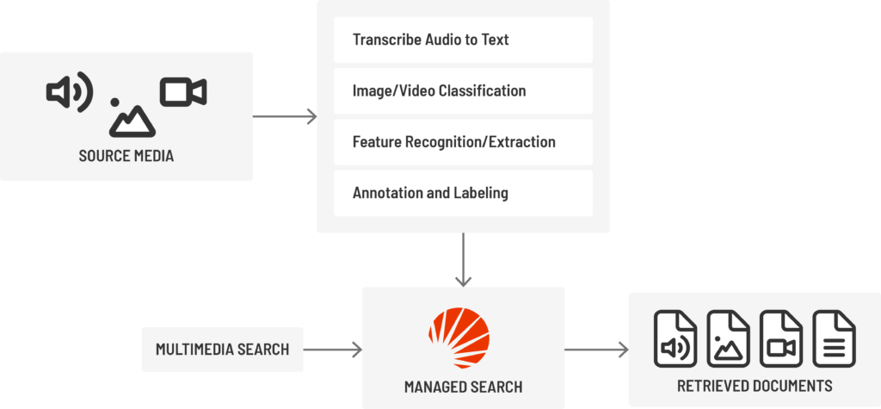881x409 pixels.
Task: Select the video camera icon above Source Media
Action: pyautogui.click(x=183, y=92)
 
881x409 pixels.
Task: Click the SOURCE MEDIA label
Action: pyautogui.click(x=126, y=156)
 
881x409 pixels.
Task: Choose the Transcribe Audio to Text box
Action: pyautogui.click(x=463, y=40)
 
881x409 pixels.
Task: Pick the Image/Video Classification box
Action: pyautogui.click(x=463, y=90)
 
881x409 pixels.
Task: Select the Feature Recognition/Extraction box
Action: pyautogui.click(x=463, y=142)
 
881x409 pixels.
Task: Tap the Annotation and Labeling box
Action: pyautogui.click(x=463, y=193)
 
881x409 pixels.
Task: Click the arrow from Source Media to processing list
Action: pyautogui.click(x=285, y=116)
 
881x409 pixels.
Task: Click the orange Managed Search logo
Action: pyautogui.click(x=459, y=339)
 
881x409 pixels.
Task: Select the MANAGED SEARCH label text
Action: pyautogui.click(x=463, y=386)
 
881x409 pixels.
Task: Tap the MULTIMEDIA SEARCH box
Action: pyautogui.click(x=222, y=349)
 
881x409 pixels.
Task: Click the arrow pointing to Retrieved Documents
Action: pyautogui.click(x=595, y=350)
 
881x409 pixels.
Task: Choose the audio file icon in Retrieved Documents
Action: pyautogui.click(x=675, y=338)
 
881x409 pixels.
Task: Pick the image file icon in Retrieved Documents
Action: pyautogui.click(x=728, y=338)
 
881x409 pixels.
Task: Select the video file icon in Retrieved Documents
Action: pyautogui.click(x=781, y=338)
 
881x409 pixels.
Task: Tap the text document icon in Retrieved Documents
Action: pyautogui.click(x=834, y=338)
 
